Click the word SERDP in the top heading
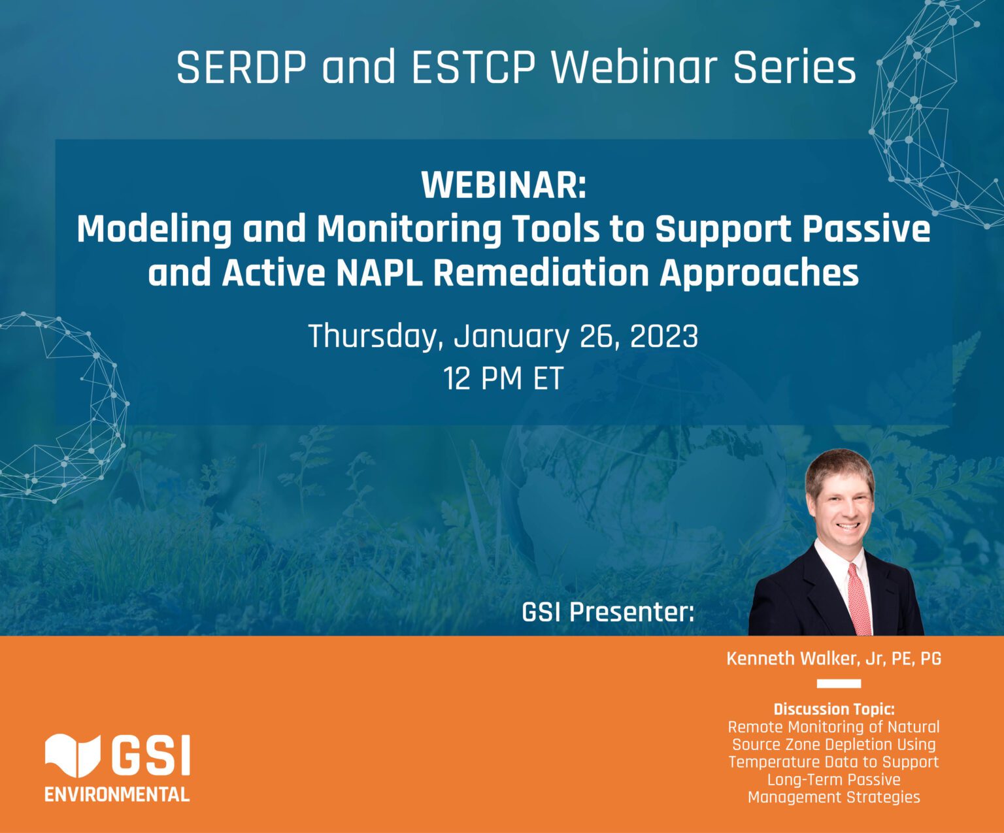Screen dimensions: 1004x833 coord(241,67)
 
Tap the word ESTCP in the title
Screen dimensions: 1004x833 coord(473,67)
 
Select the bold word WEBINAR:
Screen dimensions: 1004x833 coord(504,185)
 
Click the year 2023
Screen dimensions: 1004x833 coord(663,336)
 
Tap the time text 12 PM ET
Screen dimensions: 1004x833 coord(503,379)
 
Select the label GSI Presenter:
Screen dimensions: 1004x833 coord(608,612)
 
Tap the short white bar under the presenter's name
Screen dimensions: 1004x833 coord(839,683)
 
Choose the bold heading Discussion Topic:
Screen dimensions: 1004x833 coord(834,709)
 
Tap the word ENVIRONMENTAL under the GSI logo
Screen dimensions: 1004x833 coord(117,794)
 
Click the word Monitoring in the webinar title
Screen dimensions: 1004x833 coord(409,230)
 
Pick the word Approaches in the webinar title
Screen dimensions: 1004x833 coord(759,274)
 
